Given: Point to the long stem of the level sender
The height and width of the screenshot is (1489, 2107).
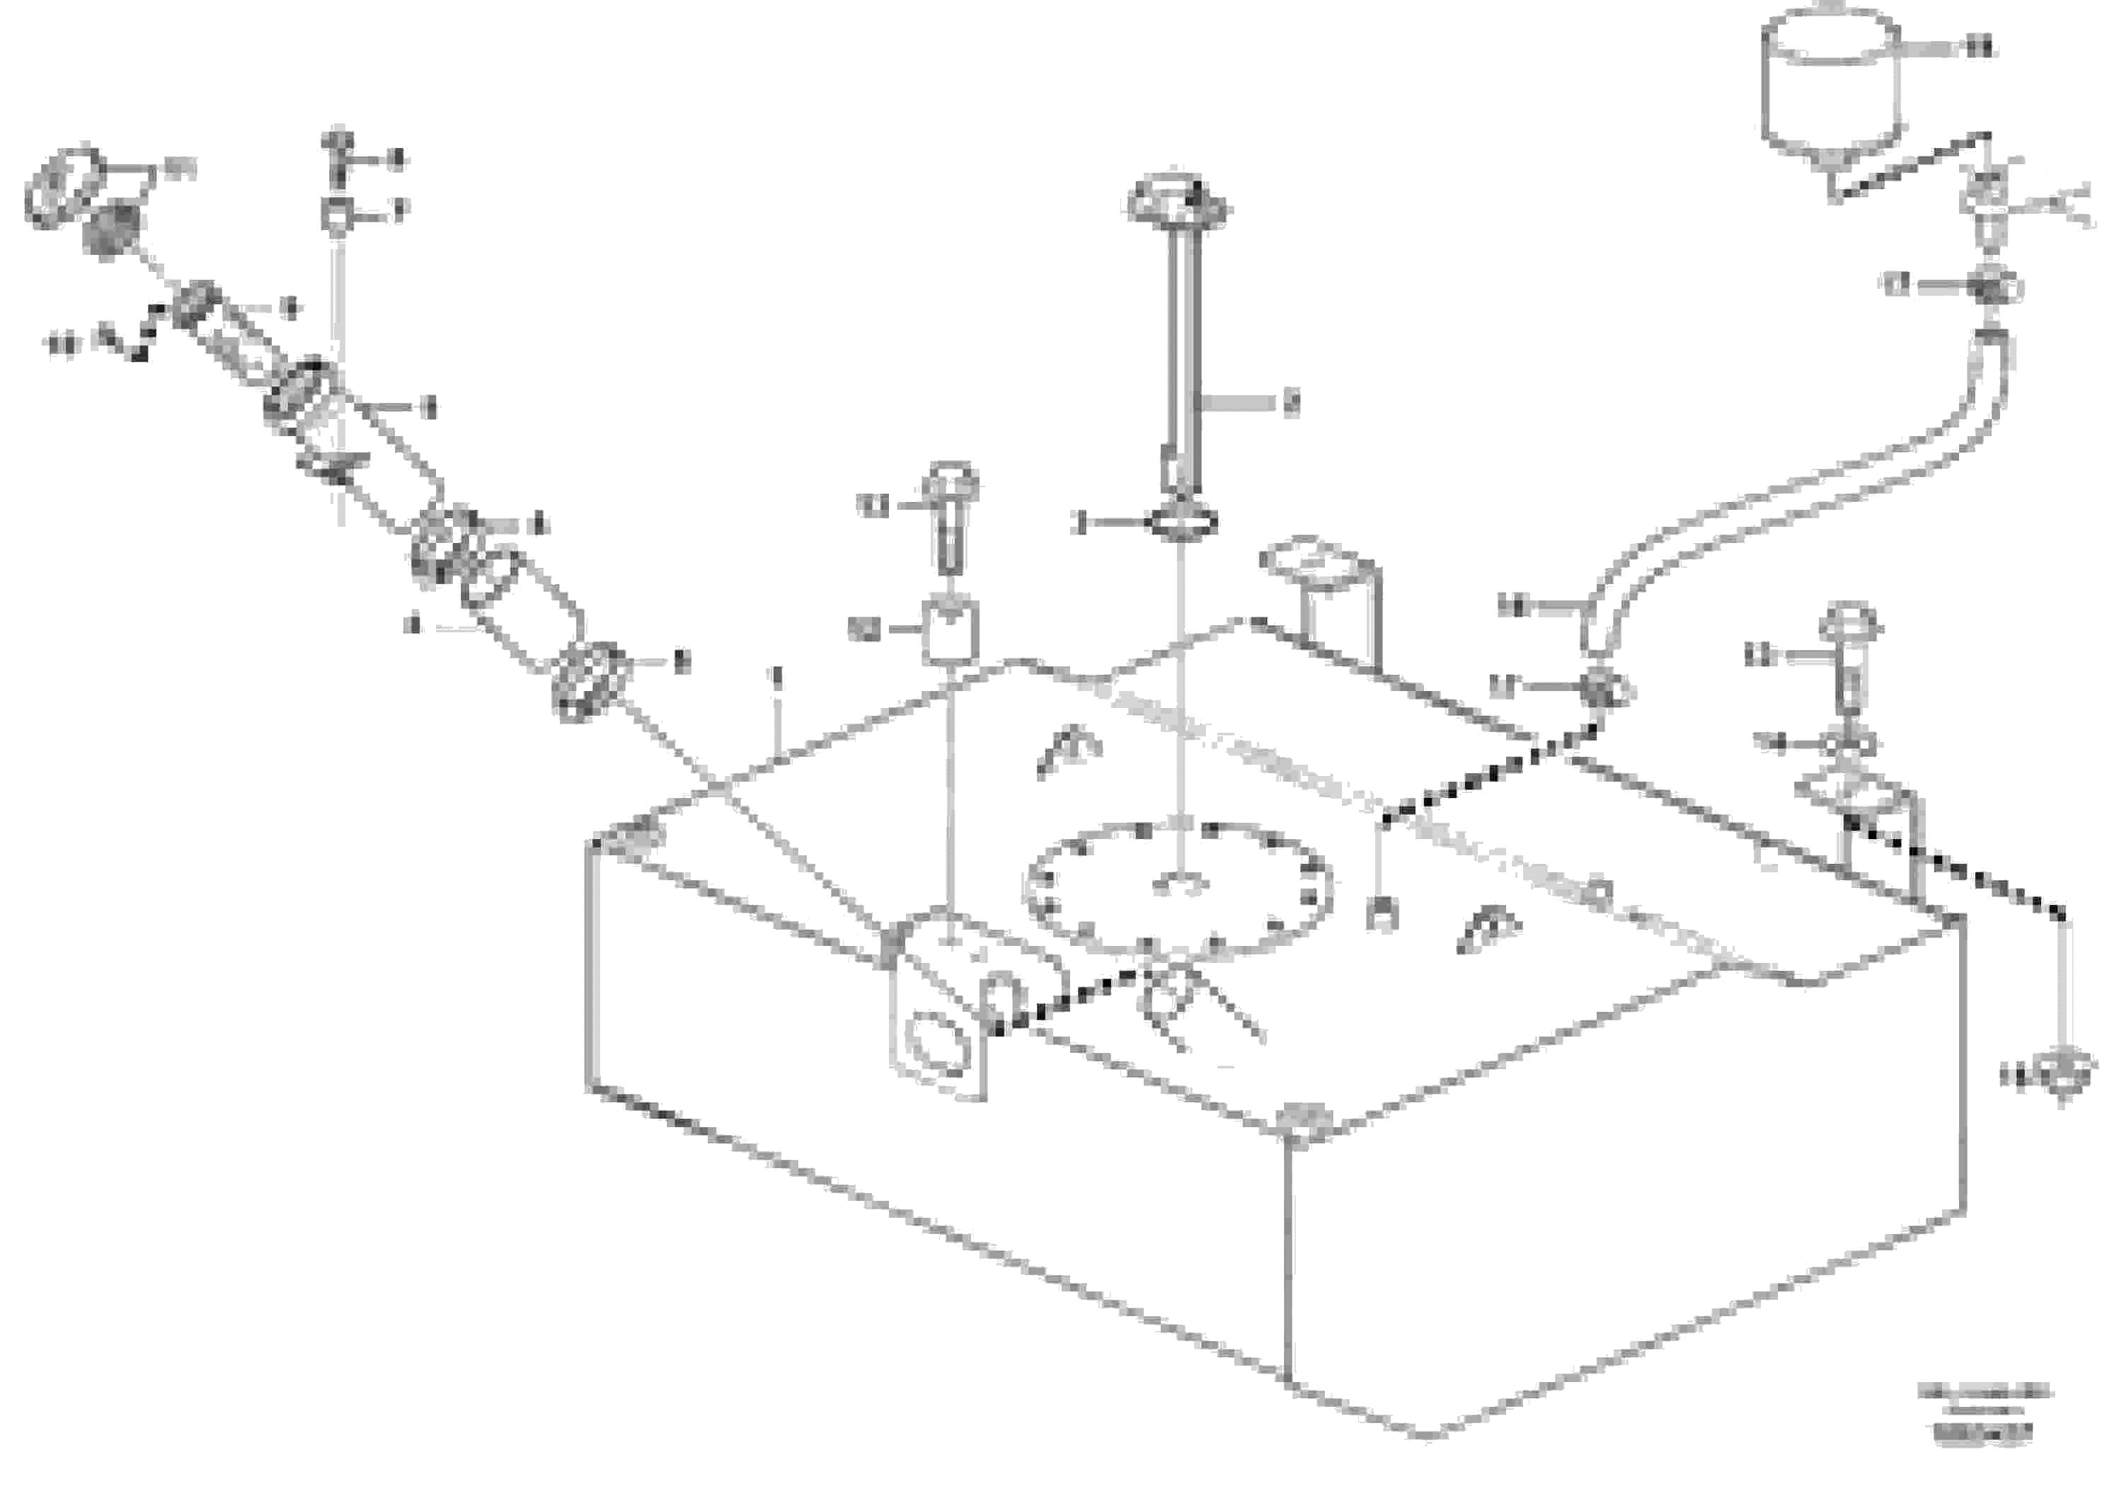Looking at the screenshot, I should [x=1179, y=358].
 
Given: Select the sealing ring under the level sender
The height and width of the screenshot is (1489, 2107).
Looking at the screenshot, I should [x=1183, y=524].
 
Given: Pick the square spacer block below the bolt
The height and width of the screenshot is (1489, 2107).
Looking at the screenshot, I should [x=950, y=631].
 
